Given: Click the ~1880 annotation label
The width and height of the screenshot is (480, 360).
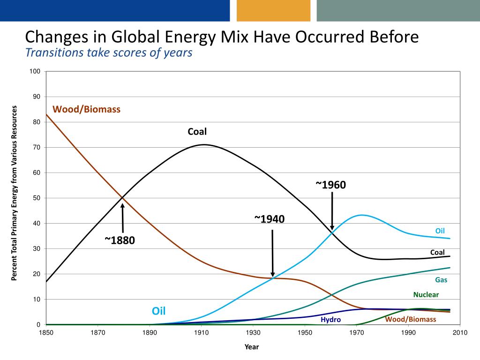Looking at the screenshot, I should [120, 241].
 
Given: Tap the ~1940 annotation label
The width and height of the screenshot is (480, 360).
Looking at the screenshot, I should [270, 219].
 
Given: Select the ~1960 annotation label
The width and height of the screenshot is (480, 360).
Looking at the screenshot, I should [330, 185].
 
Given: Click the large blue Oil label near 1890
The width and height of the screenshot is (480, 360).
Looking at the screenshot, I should [158, 311].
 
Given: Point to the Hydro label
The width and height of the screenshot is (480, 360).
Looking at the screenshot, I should [330, 320].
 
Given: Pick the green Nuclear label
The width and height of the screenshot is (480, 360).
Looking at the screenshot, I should [426, 295].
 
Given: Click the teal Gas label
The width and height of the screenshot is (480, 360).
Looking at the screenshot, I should [441, 280].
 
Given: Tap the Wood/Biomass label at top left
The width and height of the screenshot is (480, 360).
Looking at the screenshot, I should [86, 109].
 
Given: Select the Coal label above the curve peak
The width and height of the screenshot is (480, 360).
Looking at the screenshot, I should [197, 132].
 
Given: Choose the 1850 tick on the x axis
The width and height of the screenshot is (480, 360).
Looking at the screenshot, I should [46, 333].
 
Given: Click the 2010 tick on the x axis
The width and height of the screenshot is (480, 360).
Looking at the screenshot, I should [460, 333].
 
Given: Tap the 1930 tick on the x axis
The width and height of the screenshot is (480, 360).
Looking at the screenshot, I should [253, 333].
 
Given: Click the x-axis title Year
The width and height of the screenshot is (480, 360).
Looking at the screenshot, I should [251, 347].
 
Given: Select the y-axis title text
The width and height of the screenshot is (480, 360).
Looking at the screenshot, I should [15, 193].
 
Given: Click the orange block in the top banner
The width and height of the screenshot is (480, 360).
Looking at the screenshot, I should [273, 10].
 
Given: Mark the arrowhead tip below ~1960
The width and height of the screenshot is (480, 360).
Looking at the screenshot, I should [332, 229].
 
